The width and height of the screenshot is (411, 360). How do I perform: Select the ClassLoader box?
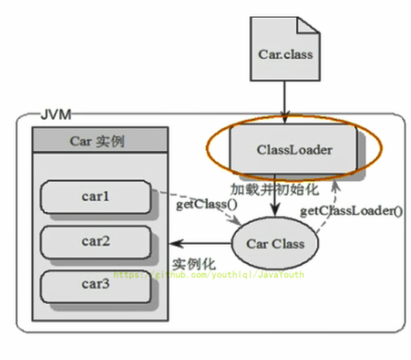point(294,150)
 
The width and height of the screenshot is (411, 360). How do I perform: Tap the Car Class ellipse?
point(276,243)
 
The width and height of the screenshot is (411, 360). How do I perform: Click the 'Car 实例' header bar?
point(96,140)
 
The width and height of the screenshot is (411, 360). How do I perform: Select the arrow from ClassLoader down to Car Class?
point(275,198)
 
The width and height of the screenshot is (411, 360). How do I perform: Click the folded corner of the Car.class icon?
point(308,24)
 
